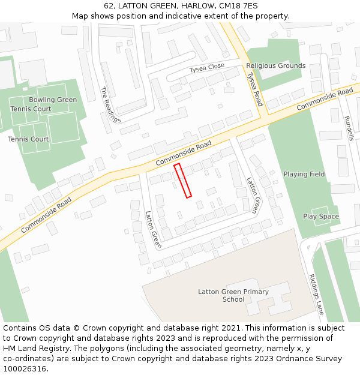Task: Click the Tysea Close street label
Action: pos(207,67)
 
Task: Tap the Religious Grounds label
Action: pos(275,65)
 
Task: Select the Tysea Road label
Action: pos(254,89)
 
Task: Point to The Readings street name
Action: pos(110,104)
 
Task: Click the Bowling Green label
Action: pos(53,100)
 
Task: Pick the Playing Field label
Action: pos(304,174)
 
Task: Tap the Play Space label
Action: pos(321,216)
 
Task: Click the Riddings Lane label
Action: pos(316,294)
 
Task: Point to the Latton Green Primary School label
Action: pos(233,295)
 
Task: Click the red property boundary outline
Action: pos(182,181)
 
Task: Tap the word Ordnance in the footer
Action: pos(292,359)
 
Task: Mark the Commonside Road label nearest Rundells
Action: pos(325,98)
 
